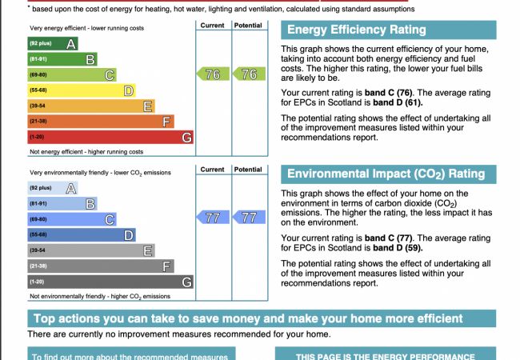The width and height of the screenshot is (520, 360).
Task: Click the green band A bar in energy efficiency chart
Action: [53, 43]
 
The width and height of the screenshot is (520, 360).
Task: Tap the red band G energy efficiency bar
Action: [110, 137]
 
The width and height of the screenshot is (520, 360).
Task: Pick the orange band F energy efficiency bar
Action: [101, 122]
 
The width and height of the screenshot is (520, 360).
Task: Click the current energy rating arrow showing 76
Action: [210, 74]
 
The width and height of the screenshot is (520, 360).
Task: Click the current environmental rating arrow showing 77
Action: [210, 218]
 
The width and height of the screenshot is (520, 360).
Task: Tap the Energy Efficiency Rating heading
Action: [356, 30]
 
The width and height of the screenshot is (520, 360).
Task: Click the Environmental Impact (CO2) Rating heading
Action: [386, 174]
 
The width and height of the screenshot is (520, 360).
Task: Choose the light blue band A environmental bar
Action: [53, 188]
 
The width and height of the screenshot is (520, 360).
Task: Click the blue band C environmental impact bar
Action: [72, 219]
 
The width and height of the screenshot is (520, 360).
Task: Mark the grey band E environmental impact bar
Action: [91, 250]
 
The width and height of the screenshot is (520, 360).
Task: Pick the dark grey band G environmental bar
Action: [110, 282]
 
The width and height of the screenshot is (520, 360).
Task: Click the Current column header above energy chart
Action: [213, 26]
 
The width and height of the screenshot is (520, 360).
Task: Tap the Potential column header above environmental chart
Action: [249, 170]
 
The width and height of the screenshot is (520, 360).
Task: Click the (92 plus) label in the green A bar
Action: [41, 43]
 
